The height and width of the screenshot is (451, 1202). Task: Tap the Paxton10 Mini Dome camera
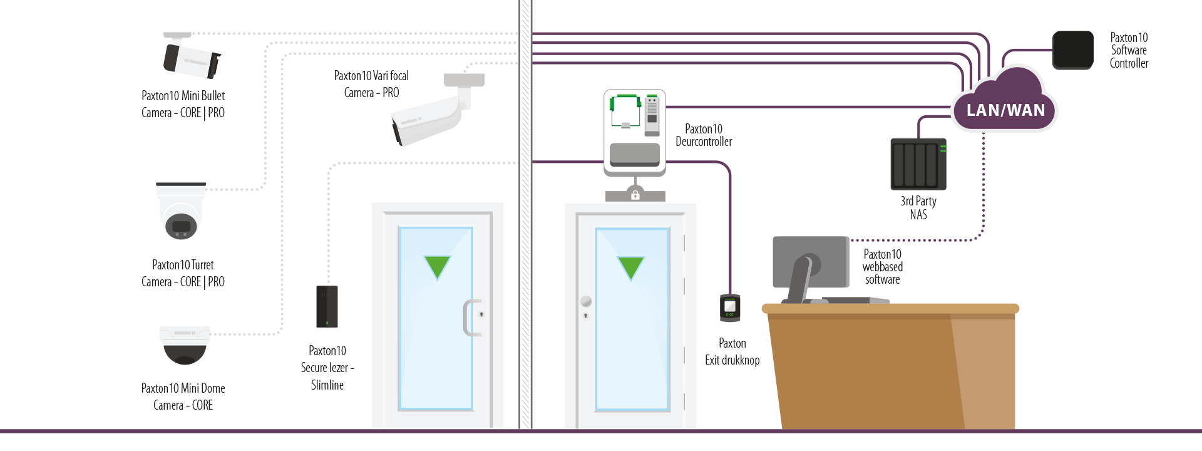[x=185, y=345]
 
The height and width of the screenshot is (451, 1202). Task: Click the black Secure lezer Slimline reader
[x=327, y=306]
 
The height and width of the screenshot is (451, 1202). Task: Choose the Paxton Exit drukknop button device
[x=730, y=308]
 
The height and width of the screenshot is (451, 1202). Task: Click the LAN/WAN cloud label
[x=1005, y=110]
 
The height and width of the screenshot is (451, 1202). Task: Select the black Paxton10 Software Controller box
[x=1073, y=50]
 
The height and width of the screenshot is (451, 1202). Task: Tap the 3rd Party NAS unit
[x=918, y=164]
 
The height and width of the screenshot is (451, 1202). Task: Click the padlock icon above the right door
[x=635, y=195]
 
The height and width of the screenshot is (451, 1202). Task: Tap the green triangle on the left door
[x=437, y=266]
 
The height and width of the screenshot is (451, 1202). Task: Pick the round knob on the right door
[x=586, y=301]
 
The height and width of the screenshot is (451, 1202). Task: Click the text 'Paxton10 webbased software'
[x=883, y=267]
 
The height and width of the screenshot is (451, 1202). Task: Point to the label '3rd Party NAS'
[x=918, y=208]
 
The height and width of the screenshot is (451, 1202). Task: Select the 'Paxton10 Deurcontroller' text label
[x=704, y=135]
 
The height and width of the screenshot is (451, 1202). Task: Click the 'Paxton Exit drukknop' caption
[x=732, y=351]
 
